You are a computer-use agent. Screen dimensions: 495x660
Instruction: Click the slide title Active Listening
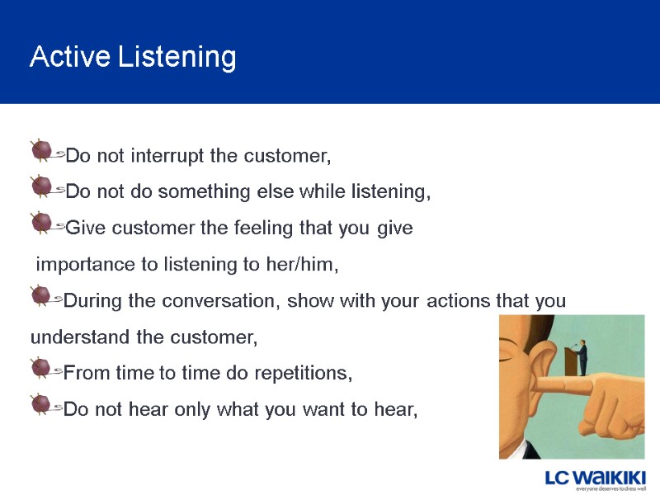tap(133, 57)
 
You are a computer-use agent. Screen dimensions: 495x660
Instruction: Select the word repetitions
tap(301, 374)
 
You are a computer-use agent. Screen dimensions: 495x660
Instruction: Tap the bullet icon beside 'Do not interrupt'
tap(41, 151)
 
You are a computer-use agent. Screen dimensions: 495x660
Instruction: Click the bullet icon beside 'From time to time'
tap(41, 368)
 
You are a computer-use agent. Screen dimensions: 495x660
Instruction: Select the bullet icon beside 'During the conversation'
tap(41, 295)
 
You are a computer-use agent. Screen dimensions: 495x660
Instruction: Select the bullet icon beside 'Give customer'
tap(41, 223)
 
